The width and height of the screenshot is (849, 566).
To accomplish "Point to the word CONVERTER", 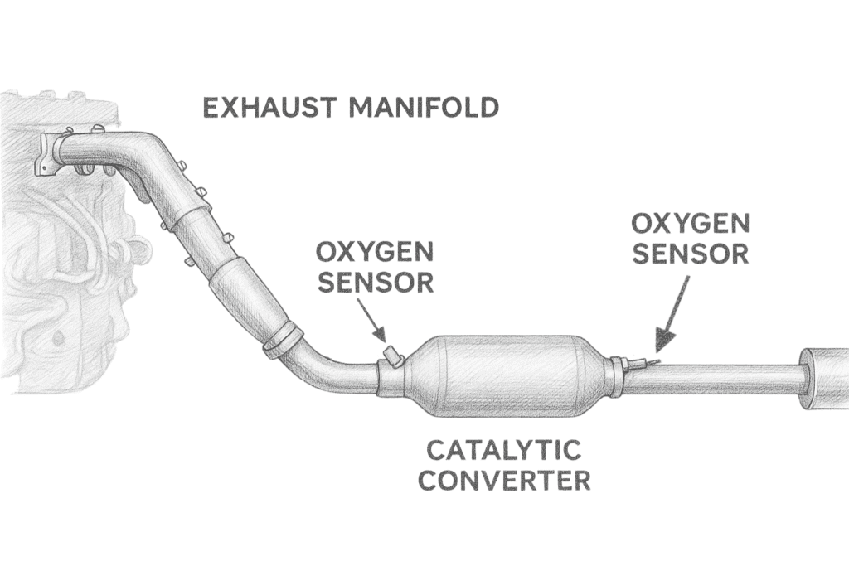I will (x=503, y=481).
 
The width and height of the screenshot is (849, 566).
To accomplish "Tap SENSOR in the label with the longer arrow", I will (x=691, y=253).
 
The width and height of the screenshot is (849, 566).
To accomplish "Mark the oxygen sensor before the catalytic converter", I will (x=391, y=358).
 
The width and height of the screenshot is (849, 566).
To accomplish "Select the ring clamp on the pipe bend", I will (x=283, y=340).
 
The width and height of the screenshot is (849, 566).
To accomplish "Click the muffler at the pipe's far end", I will (x=824, y=379).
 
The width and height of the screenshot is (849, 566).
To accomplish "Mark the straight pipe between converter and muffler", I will (x=713, y=380).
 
